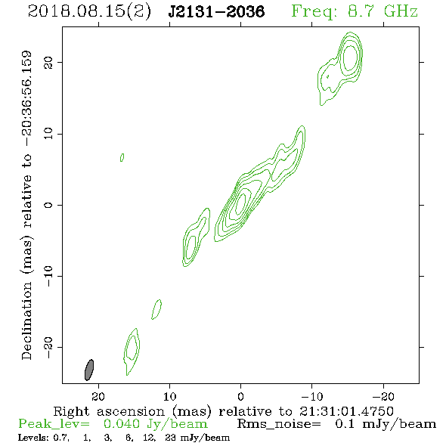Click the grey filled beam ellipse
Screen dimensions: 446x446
[89, 370]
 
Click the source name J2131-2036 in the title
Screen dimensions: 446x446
[216, 11]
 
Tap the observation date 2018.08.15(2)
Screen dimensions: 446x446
[89, 11]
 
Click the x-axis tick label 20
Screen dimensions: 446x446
[98, 396]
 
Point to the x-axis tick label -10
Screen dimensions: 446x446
[312, 396]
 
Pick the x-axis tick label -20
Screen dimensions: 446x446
[383, 396]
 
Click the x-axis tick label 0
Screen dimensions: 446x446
[240, 396]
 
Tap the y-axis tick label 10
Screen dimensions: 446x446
[48, 134]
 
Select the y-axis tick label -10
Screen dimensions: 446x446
[48, 276]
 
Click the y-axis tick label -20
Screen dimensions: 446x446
[48, 347]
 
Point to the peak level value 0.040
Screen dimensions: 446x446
[122, 424]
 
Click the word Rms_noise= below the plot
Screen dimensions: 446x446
[279, 424]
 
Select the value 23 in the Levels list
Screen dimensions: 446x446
[170, 438]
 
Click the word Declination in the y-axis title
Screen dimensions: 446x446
[26, 321]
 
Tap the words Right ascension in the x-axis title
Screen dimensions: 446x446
[109, 411]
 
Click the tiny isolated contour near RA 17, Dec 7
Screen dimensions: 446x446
[122, 157]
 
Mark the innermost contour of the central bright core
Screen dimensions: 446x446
[241, 203]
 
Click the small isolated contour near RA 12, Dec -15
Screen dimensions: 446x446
[156, 309]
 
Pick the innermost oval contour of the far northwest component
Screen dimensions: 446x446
[350, 58]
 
